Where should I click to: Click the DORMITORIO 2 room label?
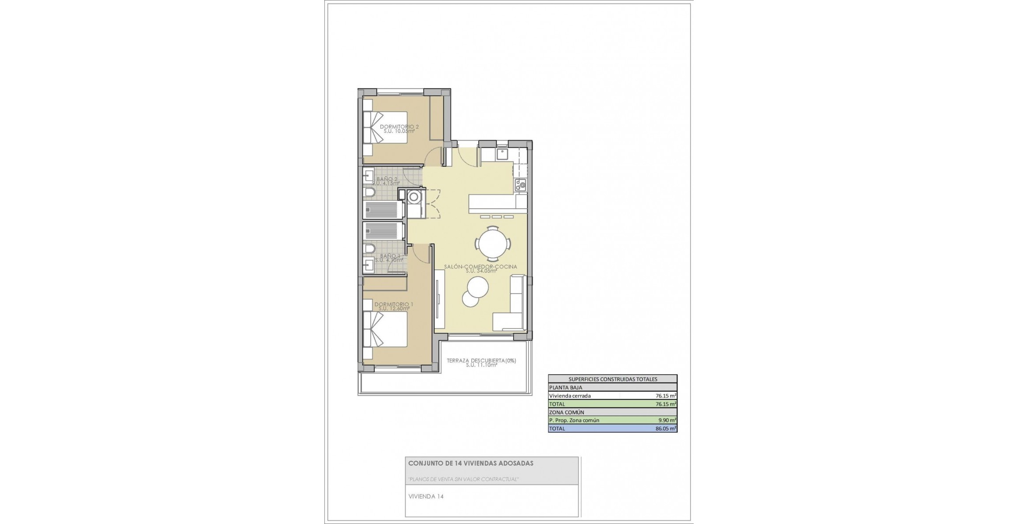399,127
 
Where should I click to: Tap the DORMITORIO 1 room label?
394,304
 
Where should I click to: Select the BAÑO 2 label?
387,179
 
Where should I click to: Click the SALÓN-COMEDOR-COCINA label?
480,267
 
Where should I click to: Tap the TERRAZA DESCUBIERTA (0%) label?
481,360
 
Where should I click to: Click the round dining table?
493,244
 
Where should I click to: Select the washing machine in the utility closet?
414,197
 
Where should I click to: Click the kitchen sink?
502,154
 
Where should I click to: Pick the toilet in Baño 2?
369,192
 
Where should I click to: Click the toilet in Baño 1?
369,249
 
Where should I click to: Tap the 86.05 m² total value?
665,428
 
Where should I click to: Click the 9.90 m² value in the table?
667,420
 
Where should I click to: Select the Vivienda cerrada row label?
570,396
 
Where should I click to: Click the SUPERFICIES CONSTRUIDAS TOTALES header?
612,379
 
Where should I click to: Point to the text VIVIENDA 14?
426,496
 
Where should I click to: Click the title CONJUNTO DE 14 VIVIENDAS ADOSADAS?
471,463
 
